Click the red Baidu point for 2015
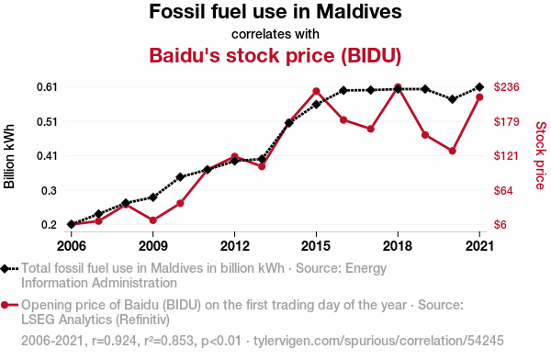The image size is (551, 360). click(x=316, y=92)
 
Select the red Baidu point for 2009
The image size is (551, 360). click(x=152, y=220)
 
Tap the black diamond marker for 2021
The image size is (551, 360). click(x=479, y=87)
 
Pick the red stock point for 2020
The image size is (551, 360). click(x=452, y=151)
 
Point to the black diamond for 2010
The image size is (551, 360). click(x=180, y=177)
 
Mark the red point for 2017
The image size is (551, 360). click(x=371, y=129)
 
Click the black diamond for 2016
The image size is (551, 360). click(x=343, y=91)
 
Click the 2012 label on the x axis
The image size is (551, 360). click(x=234, y=246)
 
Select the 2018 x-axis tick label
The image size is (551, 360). click(x=398, y=246)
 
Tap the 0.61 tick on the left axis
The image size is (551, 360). click(x=47, y=87)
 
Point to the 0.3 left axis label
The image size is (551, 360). click(x=50, y=190)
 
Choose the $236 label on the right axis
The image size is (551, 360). click(x=506, y=87)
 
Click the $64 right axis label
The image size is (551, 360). click(x=503, y=190)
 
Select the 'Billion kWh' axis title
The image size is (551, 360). click(x=9, y=156)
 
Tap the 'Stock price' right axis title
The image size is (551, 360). click(x=541, y=155)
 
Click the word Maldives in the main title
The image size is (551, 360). click(x=359, y=12)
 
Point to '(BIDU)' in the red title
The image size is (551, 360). click(x=371, y=55)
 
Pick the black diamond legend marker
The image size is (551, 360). click(x=5, y=269)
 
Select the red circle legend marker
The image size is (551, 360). click(x=5, y=305)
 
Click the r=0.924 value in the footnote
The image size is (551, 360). click(x=114, y=341)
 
